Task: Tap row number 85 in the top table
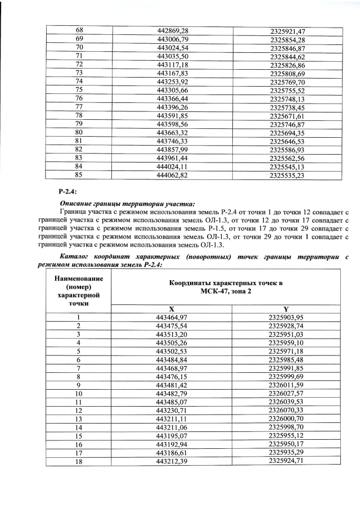click(x=79, y=175)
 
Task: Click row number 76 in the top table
click(x=79, y=98)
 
